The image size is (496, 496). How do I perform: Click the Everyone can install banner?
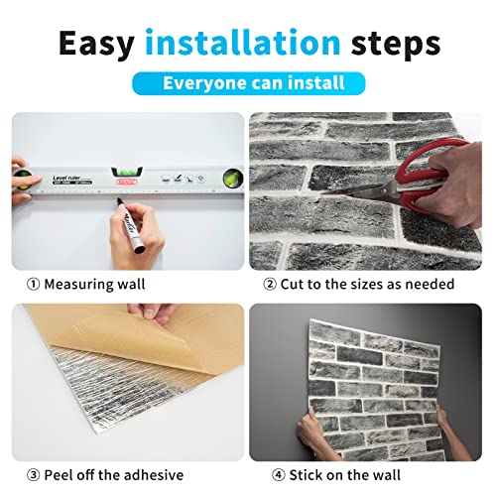pos(248,84)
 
